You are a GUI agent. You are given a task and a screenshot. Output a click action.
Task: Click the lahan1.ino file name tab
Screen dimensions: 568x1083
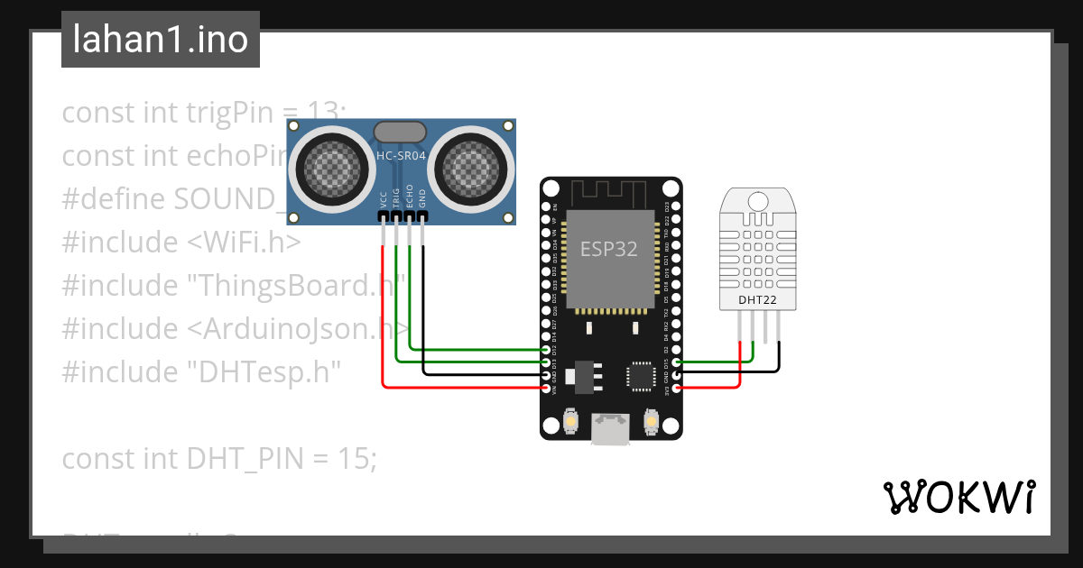(161, 40)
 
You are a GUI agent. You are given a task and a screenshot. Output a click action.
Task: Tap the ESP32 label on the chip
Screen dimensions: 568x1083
(608, 249)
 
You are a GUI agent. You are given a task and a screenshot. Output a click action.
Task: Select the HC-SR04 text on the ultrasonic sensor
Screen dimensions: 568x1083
(401, 155)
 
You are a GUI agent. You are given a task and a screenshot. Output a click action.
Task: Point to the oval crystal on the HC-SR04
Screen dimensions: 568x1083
(400, 132)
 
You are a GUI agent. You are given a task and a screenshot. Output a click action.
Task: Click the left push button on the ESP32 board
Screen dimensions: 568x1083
(570, 420)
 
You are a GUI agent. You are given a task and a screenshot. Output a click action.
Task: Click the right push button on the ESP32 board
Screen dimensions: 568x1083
(652, 420)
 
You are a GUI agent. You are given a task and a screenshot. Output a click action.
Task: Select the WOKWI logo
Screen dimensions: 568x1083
(958, 497)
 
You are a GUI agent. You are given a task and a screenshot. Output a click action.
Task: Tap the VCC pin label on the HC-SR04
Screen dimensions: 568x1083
(384, 199)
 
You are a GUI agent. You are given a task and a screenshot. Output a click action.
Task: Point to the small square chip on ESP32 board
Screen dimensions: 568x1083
(643, 376)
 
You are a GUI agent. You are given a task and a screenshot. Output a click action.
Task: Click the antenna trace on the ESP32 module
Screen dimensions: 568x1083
(609, 193)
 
